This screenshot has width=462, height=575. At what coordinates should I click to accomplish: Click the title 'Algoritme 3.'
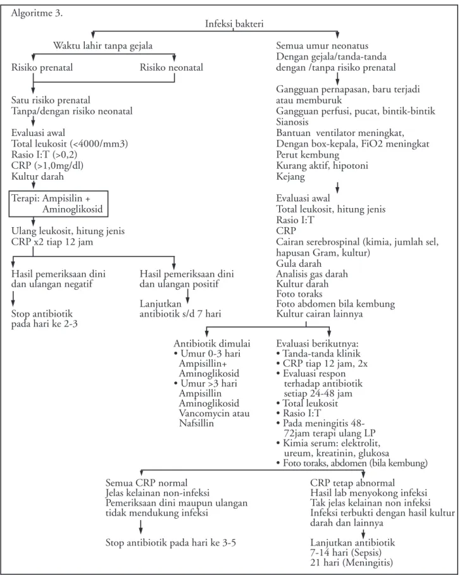pyautogui.click(x=37, y=13)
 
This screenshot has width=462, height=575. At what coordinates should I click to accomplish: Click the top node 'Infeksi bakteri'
pyautogui.click(x=234, y=24)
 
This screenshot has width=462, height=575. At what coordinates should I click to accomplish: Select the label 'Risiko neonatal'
pyautogui.click(x=171, y=68)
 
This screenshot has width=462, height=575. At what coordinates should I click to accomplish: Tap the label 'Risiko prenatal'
pyautogui.click(x=42, y=68)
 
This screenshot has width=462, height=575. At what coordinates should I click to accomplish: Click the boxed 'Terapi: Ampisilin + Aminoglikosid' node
pyautogui.click(x=59, y=204)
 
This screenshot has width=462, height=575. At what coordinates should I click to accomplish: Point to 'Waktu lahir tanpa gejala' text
pyautogui.click(x=103, y=46)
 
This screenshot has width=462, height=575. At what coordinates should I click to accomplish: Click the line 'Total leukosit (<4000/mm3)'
pyautogui.click(x=70, y=144)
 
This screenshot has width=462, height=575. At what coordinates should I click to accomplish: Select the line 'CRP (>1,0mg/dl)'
pyautogui.click(x=47, y=165)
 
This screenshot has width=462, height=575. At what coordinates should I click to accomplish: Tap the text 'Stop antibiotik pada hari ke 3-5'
pyautogui.click(x=171, y=542)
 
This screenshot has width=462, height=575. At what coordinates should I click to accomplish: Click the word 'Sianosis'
pyautogui.click(x=292, y=122)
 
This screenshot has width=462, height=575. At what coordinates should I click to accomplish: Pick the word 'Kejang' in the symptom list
pyautogui.click(x=290, y=176)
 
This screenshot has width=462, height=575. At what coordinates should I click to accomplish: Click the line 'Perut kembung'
pyautogui.click(x=308, y=155)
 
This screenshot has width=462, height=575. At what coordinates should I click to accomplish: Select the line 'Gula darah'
pyautogui.click(x=299, y=263)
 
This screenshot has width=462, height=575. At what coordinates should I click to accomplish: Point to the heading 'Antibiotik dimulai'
pyautogui.click(x=212, y=343)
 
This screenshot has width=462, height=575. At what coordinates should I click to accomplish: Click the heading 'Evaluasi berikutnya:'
pyautogui.click(x=317, y=343)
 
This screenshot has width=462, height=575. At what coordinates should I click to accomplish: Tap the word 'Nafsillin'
pyautogui.click(x=196, y=423)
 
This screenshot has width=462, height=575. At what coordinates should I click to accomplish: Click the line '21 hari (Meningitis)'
pyautogui.click(x=351, y=562)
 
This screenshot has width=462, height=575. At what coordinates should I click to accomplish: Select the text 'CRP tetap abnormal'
pyautogui.click(x=353, y=483)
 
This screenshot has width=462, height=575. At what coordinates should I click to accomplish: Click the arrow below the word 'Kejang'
pyautogui.click(x=337, y=187)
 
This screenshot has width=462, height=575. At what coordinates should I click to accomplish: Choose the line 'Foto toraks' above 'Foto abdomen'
pyautogui.click(x=299, y=294)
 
